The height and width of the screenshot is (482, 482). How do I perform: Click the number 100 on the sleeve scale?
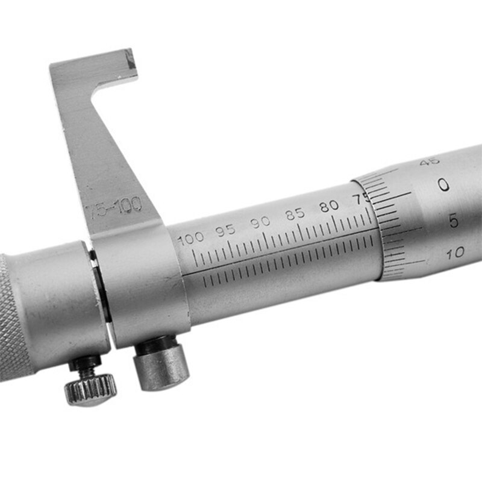point(192,238)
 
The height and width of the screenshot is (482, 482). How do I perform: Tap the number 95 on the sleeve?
point(227,230)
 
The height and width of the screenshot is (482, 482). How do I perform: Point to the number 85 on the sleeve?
point(295,214)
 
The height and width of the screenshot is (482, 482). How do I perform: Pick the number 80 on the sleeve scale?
point(329,206)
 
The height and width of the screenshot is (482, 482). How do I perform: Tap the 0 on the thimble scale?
point(444,184)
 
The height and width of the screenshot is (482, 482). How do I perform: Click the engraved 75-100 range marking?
point(114,208)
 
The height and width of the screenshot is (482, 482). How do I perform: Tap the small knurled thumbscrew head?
point(90,388)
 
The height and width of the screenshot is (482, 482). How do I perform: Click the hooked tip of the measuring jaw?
point(128,63)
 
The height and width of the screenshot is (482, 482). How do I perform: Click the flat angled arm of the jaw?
point(102,151)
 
